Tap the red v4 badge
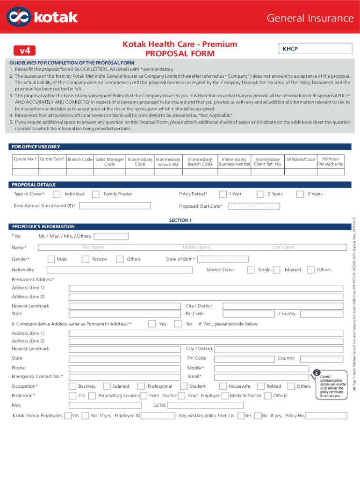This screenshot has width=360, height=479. coord(25,50)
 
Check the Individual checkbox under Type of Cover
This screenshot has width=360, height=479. coord(57,194)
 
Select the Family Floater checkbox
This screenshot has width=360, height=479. coord(95,194)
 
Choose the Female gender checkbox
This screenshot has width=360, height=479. coord(86,246)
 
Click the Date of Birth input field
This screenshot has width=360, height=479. coord(223,246)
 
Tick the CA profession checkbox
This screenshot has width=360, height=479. coord(72,396)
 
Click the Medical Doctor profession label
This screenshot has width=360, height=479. coord(245,396)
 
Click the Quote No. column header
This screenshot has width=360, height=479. coord(25,160)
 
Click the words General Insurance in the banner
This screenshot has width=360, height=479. coord(310,18)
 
